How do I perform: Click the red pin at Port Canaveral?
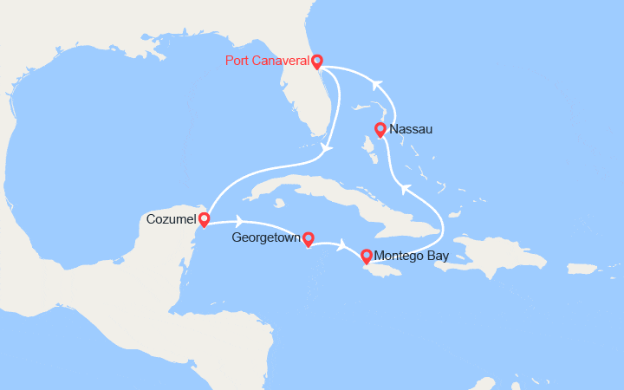[x=316, y=61]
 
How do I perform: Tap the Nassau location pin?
[x=380, y=130]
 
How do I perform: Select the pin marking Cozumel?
[x=204, y=219]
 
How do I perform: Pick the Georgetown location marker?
[x=307, y=237]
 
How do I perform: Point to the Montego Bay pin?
[x=367, y=256]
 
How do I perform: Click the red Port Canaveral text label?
[x=267, y=61]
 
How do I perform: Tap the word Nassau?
[x=412, y=129]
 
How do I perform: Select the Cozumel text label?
[x=170, y=218]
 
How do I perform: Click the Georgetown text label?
[x=265, y=237]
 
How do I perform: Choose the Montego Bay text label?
[x=412, y=256]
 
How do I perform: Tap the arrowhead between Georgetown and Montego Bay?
[x=344, y=245]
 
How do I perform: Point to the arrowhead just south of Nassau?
[x=404, y=187]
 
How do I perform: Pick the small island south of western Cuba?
[x=280, y=205]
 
